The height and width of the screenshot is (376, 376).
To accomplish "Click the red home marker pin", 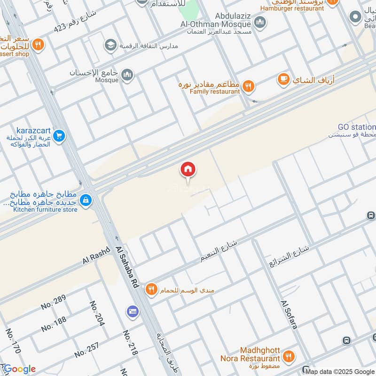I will point(188,170).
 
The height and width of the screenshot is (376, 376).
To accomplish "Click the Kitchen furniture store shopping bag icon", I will point(86,201).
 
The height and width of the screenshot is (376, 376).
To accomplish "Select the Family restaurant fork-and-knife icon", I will point(249,86).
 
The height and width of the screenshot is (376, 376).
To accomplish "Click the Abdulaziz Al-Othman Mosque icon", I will point(260,22).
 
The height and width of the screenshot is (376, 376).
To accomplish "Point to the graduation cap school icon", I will point(110,45).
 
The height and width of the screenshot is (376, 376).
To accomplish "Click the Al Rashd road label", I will point(96,255).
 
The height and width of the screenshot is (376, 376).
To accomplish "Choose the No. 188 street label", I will point(53,324).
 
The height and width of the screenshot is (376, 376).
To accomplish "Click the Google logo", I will point(19,369).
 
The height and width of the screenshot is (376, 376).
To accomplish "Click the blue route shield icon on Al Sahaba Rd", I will point(133,311).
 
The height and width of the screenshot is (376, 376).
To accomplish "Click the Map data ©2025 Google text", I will point(341,372).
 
